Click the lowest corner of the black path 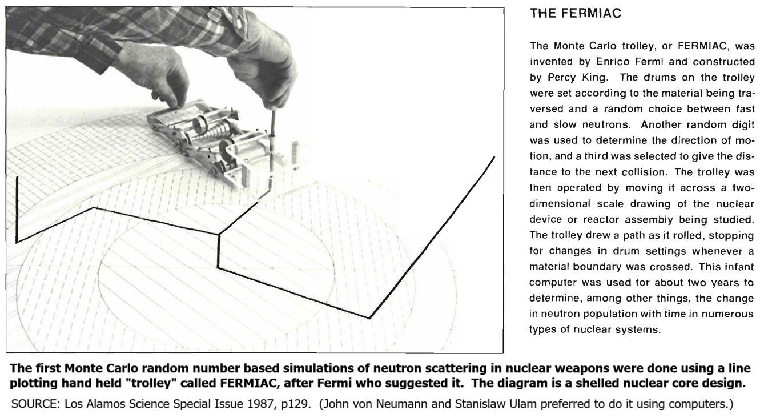[x=370, y=317]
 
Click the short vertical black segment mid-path [x=219, y=252]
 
